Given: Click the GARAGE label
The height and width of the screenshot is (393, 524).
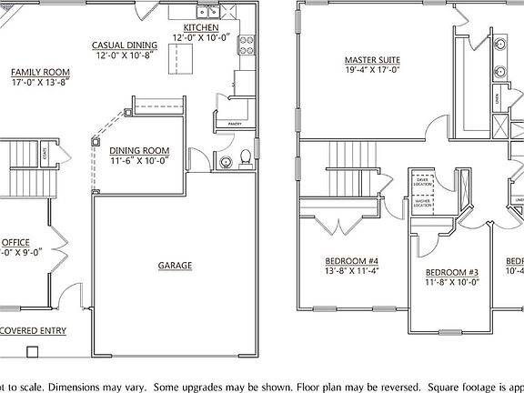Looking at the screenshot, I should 176,266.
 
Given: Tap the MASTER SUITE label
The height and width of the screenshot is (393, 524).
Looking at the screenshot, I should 372,61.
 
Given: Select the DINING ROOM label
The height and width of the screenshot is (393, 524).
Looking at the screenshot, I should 140,151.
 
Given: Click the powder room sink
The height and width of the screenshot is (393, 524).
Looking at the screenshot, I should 226,163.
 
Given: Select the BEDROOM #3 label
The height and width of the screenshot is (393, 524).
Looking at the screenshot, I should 452,272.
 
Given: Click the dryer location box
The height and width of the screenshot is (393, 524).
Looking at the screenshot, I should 423,183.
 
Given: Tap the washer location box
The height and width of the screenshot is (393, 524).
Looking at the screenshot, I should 423,205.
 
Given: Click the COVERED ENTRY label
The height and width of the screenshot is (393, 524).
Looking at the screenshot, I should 34,330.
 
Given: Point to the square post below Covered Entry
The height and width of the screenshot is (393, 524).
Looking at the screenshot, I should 34,350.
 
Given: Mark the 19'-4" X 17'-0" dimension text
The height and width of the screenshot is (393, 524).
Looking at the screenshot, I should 372,71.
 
